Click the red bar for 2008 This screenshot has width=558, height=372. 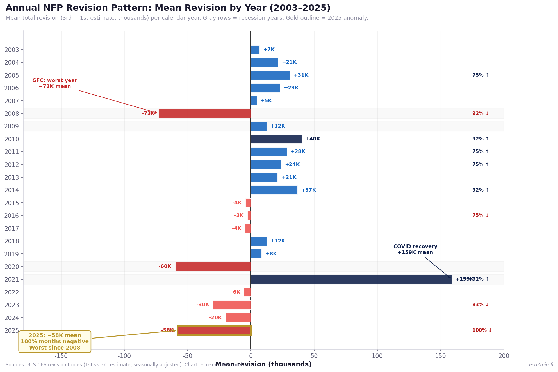[204, 114]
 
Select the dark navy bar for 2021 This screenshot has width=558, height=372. [351, 279]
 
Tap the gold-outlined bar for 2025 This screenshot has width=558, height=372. [214, 330]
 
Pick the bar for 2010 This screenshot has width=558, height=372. [276, 139]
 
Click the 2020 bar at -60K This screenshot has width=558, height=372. [213, 267]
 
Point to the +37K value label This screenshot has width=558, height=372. [308, 190]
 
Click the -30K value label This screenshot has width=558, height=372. [202, 305]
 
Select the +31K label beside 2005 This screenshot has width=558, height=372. [301, 75]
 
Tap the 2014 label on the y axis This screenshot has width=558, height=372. [12, 190]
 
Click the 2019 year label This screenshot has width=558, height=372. [12, 254]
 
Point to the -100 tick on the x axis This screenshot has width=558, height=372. [124, 356]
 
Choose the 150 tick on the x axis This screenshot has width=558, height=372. [440, 356]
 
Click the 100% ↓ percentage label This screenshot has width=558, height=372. [482, 330]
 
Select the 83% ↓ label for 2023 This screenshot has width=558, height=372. [480, 305]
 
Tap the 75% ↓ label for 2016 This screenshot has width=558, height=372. [480, 216]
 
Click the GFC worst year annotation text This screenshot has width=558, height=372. [55, 83]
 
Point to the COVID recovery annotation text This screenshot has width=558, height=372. [415, 249]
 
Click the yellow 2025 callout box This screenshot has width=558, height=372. [55, 342]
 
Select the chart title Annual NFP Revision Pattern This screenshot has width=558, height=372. [168, 8]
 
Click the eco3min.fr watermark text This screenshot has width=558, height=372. [541, 365]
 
